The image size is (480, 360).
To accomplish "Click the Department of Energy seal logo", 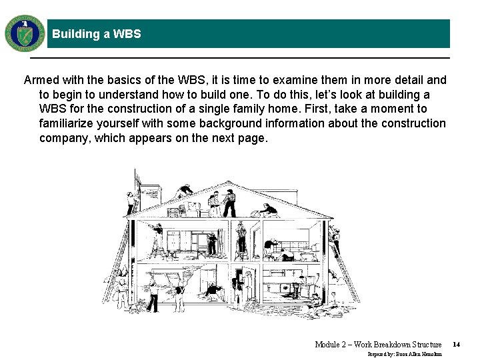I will [25, 33].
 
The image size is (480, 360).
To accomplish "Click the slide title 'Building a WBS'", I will [97, 34].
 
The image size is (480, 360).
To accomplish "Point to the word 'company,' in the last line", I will [65, 138].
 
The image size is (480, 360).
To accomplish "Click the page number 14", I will [456, 344].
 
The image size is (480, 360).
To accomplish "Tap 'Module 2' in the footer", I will [331, 344].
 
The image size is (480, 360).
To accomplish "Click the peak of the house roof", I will [229, 182].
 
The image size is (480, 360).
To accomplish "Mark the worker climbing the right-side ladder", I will [335, 239].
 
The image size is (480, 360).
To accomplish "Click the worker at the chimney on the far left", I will [131, 201].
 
